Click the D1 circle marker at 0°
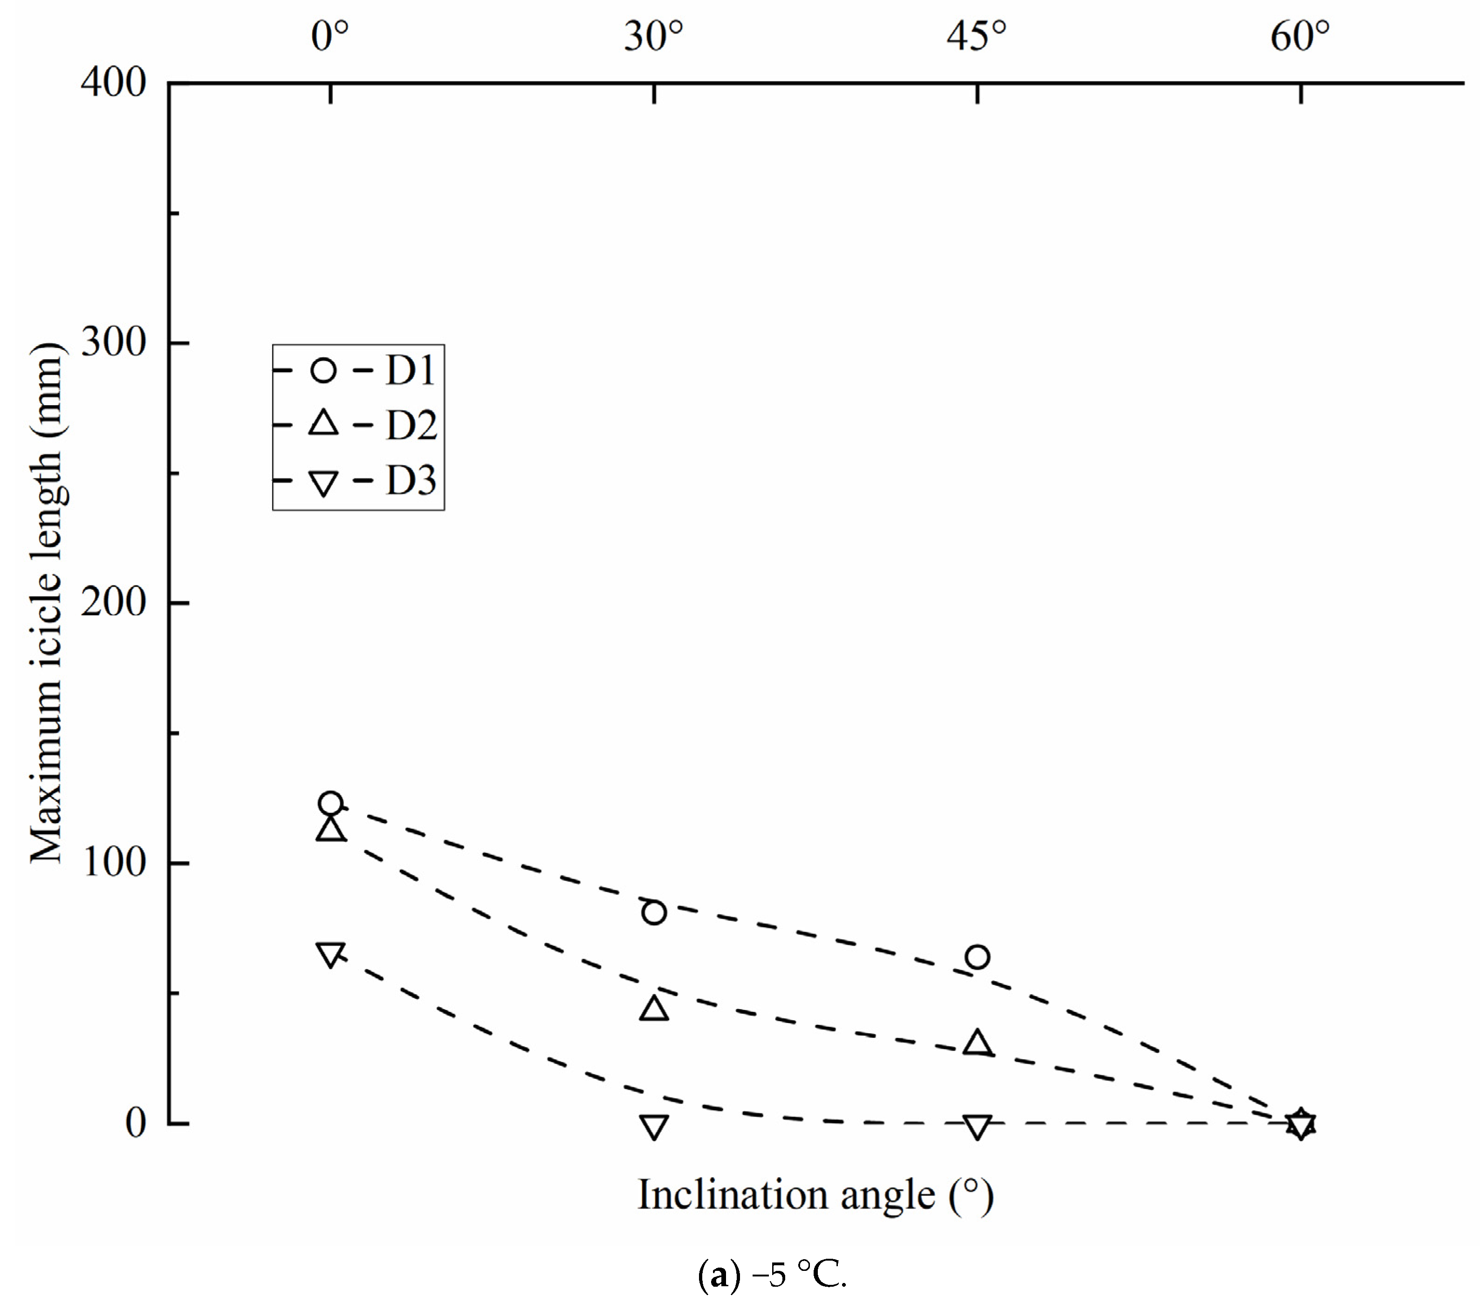tap(330, 803)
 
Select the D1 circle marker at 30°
tap(654, 913)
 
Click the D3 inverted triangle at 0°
tap(330, 955)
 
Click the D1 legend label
tap(411, 370)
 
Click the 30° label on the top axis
tap(654, 36)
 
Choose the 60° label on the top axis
tap(1301, 36)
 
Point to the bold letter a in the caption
tap(719, 1275)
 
